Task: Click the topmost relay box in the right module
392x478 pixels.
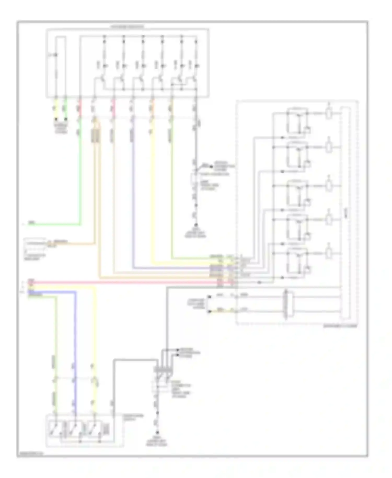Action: [297, 121]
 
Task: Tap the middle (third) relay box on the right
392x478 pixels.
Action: [297, 193]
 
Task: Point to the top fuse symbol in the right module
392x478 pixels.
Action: [329, 113]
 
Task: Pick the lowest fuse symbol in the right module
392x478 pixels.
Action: [329, 253]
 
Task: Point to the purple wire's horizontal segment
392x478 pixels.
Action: [172, 268]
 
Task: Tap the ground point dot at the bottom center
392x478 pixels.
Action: [157, 433]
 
